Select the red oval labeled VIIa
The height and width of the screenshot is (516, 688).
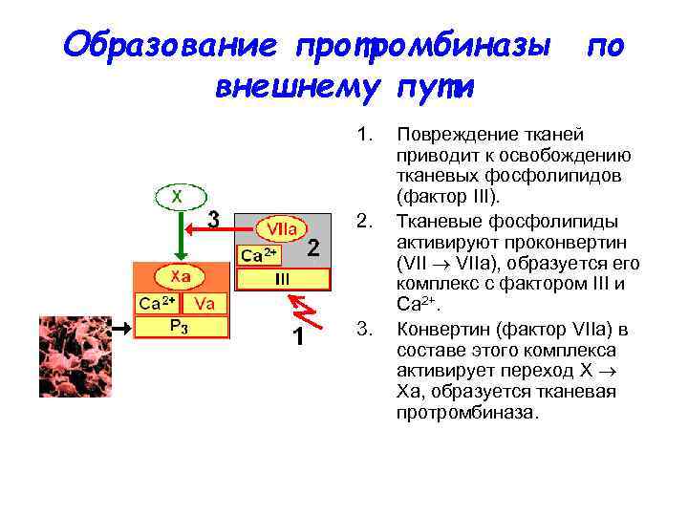281,229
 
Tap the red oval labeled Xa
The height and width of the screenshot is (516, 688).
181,276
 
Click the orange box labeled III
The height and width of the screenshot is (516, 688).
283,278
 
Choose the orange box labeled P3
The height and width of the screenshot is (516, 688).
180,327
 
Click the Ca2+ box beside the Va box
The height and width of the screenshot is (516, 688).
157,303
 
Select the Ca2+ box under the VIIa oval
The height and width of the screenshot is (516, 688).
259,255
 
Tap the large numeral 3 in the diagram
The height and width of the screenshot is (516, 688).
214,220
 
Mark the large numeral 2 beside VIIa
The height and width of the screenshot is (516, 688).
312,248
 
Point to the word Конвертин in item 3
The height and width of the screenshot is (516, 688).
442,330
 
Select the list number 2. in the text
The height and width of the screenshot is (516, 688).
363,221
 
